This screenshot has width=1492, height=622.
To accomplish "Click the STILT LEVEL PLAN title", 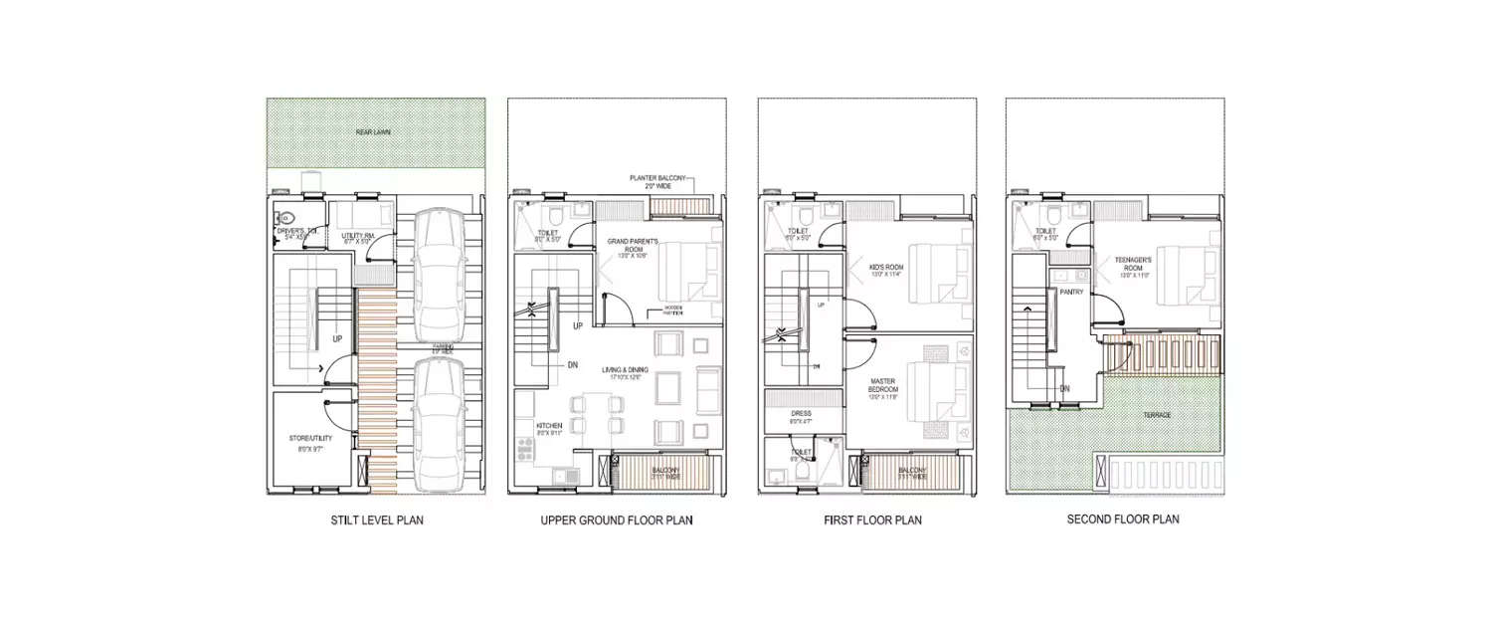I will pyautogui.click(x=377, y=519).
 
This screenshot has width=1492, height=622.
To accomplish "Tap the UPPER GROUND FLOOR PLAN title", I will pyautogui.click(x=617, y=519).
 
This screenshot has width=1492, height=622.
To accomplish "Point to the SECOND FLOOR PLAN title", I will pyautogui.click(x=1123, y=519).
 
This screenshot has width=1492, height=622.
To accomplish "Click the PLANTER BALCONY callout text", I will pyautogui.click(x=659, y=178).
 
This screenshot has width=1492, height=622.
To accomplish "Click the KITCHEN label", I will pyautogui.click(x=535, y=426).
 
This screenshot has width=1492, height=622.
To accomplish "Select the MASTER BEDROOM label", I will pyautogui.click(x=882, y=384).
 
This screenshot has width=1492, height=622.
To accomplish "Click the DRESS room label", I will pyautogui.click(x=801, y=412).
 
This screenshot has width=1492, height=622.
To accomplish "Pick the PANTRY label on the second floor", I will pyautogui.click(x=1071, y=293).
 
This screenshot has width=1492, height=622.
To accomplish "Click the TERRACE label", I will pyautogui.click(x=1156, y=415).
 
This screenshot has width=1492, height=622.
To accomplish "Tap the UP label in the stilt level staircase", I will pyautogui.click(x=338, y=339).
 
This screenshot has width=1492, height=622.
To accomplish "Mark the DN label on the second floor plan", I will pyautogui.click(x=1064, y=389).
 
